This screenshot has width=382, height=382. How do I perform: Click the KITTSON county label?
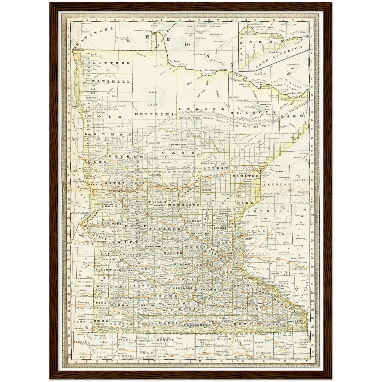point(111,63)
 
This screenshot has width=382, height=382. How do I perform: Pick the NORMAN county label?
point(108,135)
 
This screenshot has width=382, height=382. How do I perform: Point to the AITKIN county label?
point(219,168)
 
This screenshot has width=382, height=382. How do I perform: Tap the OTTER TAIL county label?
point(125,183)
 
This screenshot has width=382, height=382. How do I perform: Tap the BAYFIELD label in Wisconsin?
point(300,180)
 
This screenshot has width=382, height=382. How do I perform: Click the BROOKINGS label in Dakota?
point(83,286)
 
